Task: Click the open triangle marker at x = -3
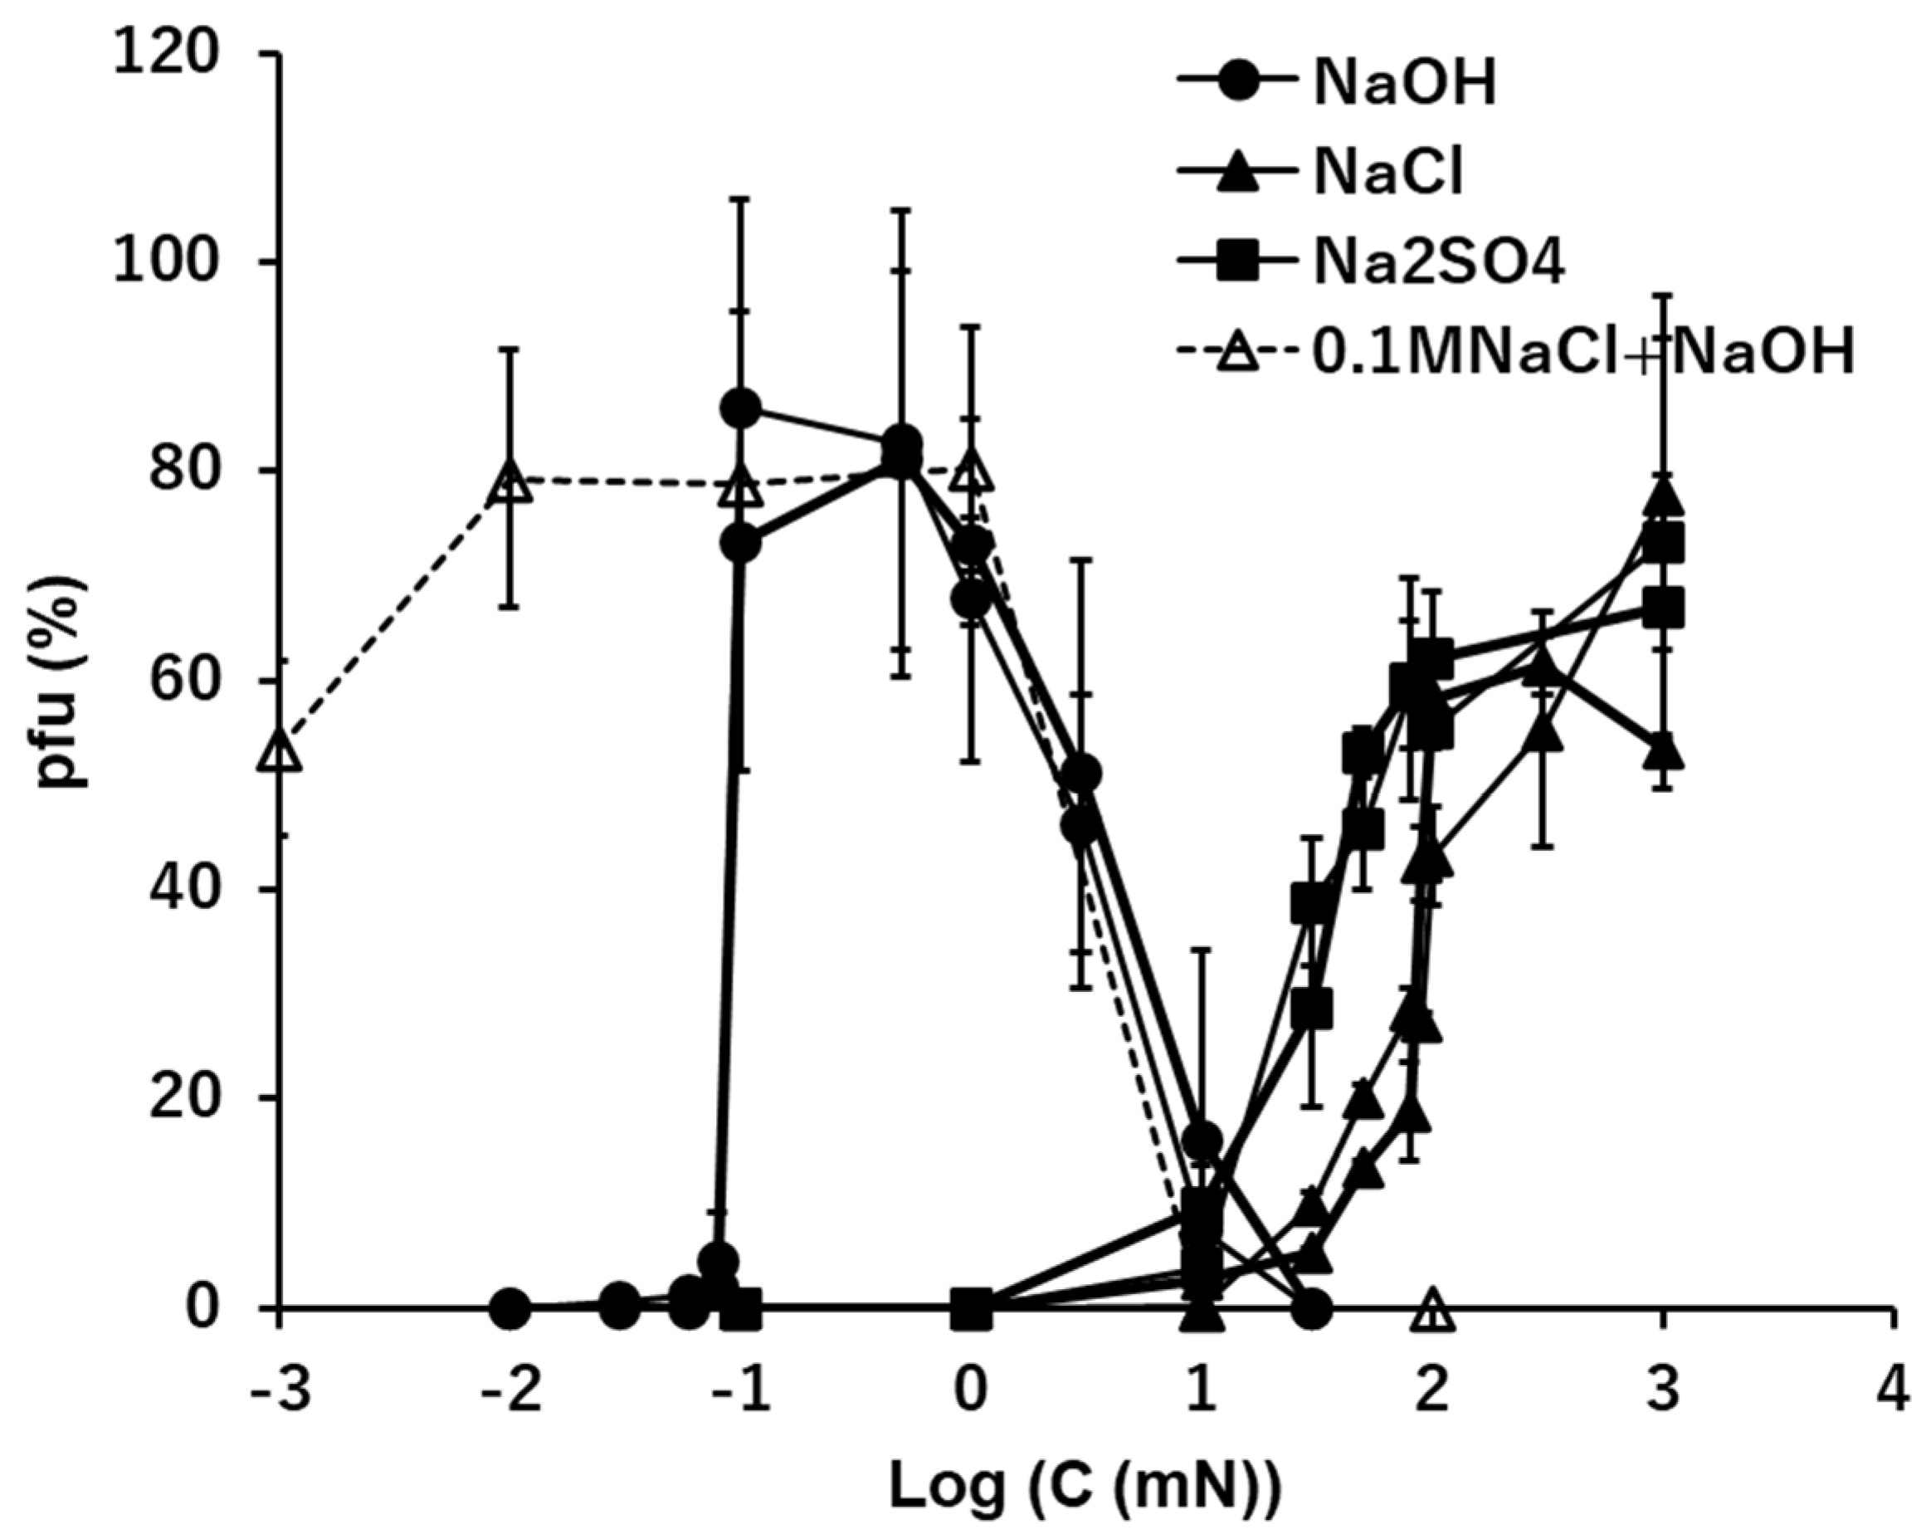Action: (x=280, y=750)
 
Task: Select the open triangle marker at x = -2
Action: (x=510, y=482)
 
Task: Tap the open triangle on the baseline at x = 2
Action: (x=1432, y=1310)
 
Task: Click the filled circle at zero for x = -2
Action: (x=510, y=1308)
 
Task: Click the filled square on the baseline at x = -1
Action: (x=742, y=1308)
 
